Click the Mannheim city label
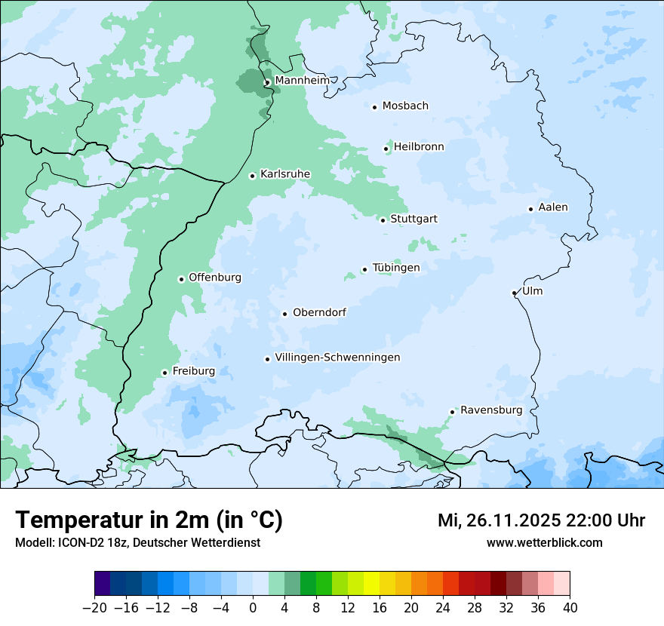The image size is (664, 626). pos(302,80)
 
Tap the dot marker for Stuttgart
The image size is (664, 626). pos(383,220)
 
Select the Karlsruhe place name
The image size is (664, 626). pos(284,174)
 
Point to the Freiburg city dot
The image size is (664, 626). pos(164,373)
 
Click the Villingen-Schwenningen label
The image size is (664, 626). pos(337,357)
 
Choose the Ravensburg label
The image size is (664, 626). pos(490,410)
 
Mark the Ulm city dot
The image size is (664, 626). pos(514,293)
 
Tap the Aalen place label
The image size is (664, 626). pos(553,207)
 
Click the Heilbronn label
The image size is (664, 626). pos(419,147)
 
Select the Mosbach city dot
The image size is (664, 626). pos(374,107)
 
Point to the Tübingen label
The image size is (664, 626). pos(396,268)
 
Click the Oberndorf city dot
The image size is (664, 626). pos(284,314)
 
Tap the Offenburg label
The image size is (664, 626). pos(215,278)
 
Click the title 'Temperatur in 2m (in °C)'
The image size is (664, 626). pos(149,520)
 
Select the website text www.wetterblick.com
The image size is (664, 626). pos(544,542)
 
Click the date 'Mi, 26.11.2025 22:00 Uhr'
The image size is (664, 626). pos(541,520)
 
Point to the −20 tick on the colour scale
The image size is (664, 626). pos(94,608)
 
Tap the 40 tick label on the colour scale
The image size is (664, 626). pos(570,608)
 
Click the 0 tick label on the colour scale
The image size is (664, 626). pos(253,608)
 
